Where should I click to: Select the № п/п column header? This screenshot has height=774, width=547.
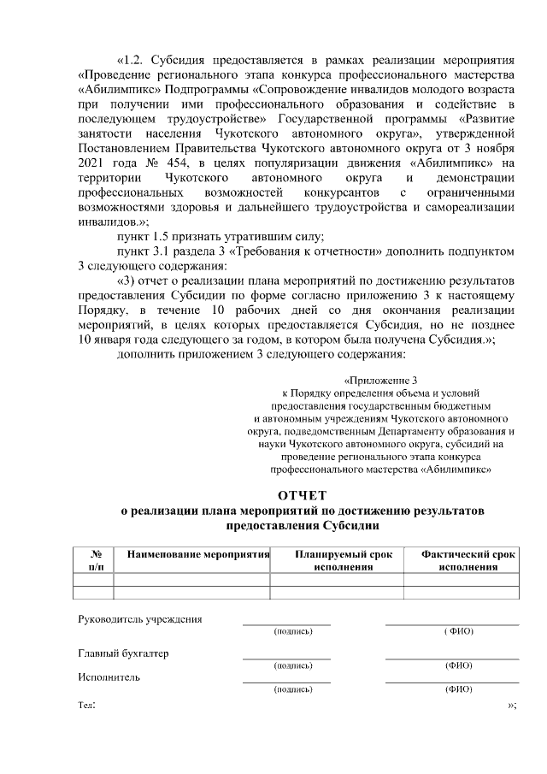pos(94,560)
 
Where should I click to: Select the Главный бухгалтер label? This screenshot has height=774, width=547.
pos(123,653)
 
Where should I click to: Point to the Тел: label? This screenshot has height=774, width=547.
pos(86,706)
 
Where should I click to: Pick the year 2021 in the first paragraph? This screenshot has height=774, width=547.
pos(93,162)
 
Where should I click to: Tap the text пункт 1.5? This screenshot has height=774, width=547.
pos(150,237)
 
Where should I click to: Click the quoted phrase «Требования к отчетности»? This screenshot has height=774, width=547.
pos(299,251)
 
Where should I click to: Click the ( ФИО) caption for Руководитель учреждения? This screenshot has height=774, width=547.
pos(459,631)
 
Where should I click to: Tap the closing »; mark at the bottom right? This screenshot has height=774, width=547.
pos(512,706)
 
